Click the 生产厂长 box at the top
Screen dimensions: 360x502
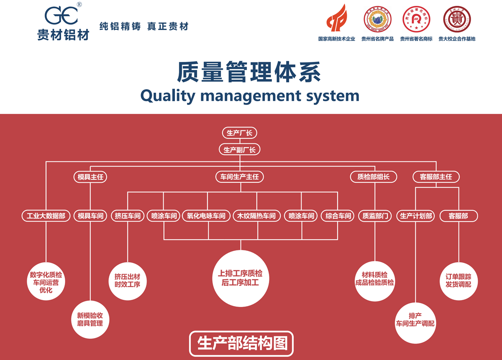(x=239, y=133)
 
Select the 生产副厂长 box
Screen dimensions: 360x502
(x=239, y=150)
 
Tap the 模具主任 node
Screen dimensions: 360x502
(x=90, y=177)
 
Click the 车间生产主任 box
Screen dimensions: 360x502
(x=240, y=177)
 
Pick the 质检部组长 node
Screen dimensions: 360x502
(x=373, y=177)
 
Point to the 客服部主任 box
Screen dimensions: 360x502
(x=436, y=177)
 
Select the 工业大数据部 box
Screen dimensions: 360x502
(x=46, y=216)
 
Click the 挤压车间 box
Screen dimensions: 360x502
(x=128, y=216)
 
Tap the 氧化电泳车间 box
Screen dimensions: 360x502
(x=207, y=216)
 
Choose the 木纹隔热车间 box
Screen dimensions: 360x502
(x=256, y=216)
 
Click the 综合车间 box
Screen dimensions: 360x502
(x=338, y=216)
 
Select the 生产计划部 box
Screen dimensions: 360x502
(x=416, y=216)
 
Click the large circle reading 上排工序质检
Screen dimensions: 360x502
(x=240, y=278)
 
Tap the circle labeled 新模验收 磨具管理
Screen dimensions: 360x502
(x=90, y=319)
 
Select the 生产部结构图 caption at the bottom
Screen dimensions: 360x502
(x=241, y=343)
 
